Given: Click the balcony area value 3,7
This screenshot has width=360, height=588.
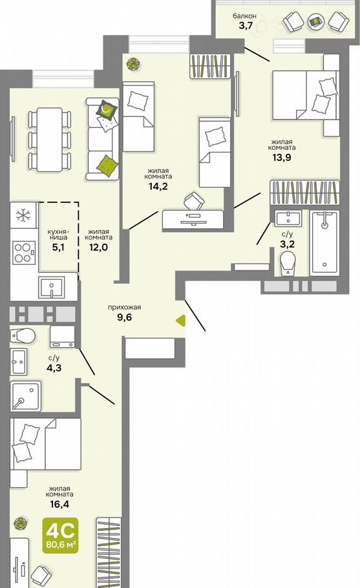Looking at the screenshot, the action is (x=246, y=25).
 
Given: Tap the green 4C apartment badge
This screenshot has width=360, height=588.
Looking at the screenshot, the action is (x=60, y=535).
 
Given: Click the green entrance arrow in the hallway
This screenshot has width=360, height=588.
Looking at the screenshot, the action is (x=181, y=320).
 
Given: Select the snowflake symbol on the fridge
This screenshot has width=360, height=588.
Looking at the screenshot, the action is (x=23, y=215).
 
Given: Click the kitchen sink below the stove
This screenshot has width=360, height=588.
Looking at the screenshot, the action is (x=51, y=288).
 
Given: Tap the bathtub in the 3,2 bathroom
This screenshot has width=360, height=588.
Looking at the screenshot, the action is (x=324, y=242).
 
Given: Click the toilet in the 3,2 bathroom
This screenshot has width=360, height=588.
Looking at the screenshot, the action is (x=288, y=263).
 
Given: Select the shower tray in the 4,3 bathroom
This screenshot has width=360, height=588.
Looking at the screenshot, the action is (x=25, y=395).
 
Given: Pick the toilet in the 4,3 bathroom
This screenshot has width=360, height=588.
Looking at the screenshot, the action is (x=23, y=335).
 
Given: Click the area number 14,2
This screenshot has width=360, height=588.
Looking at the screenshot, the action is (x=158, y=186).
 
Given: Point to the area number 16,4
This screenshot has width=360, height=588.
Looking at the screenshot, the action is (x=59, y=504).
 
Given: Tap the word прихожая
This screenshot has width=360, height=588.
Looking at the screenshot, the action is (x=125, y=308).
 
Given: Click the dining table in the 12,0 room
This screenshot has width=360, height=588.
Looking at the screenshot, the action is (x=50, y=139).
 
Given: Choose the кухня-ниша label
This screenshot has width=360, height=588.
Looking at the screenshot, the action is (x=58, y=235).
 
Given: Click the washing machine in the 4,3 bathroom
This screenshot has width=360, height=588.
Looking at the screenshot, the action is (x=62, y=337).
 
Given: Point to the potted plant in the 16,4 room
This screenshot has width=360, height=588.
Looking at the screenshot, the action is (x=19, y=523).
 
